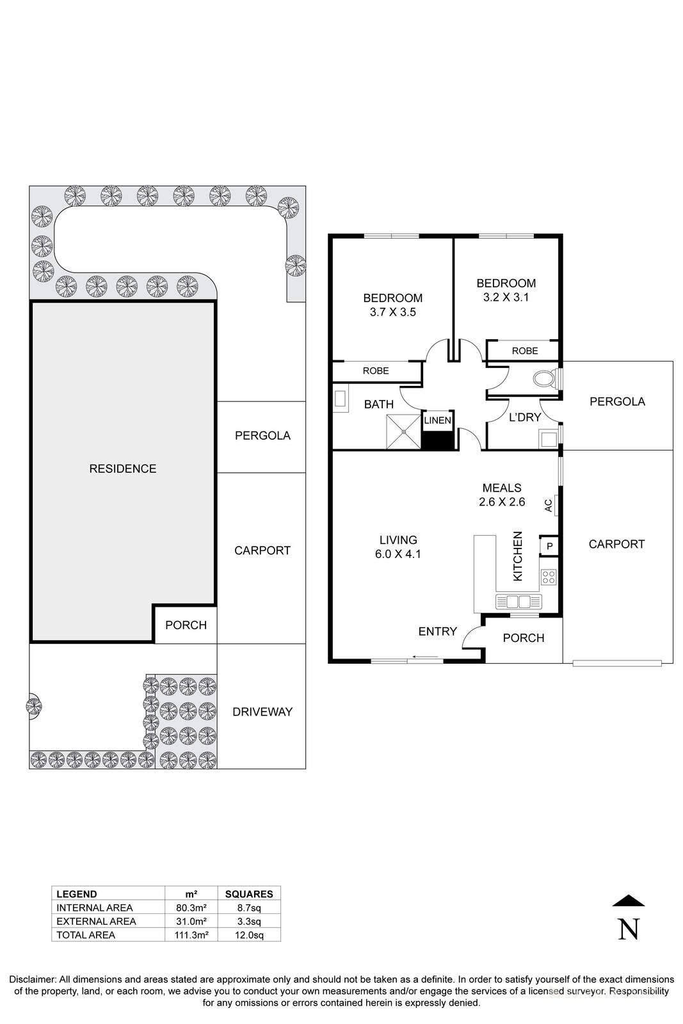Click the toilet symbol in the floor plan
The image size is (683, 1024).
(x=545, y=380)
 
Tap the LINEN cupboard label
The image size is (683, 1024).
(x=438, y=420)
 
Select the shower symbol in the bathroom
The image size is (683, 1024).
(x=404, y=432)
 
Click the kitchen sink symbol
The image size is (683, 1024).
(x=518, y=602)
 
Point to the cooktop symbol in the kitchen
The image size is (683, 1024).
(x=549, y=577)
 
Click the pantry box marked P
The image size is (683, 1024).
(x=549, y=547)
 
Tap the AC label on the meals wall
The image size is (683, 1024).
(x=549, y=505)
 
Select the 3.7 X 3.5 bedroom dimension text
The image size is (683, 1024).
(x=392, y=312)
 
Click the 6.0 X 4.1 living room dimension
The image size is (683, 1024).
(x=398, y=554)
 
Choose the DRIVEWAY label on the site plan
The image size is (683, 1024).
(x=262, y=712)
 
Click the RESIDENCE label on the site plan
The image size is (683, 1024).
(x=122, y=468)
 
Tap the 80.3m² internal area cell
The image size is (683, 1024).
(x=191, y=908)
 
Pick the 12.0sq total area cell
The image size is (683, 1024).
(x=249, y=935)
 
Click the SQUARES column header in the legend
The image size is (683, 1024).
(x=249, y=894)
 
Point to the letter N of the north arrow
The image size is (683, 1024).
(x=629, y=929)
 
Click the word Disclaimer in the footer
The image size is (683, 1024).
(x=32, y=979)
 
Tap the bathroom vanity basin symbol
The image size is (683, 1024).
(x=341, y=400)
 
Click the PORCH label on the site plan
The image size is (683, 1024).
(x=186, y=625)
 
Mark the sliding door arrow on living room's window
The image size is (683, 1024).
(x=425, y=657)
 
